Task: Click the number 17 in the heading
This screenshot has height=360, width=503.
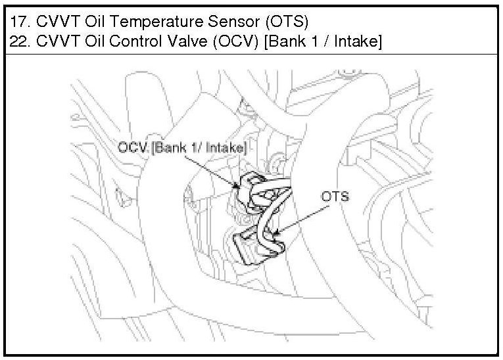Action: coord(19,22)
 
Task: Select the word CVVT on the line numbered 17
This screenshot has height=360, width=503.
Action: coord(57,22)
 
